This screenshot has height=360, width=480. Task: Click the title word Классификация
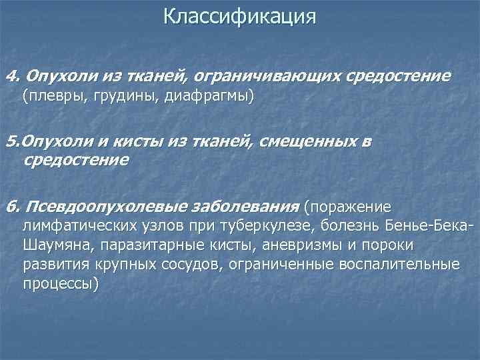pos(239,16)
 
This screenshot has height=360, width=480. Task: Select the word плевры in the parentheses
pos(50,97)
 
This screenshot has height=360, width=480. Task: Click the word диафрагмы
pos(203,97)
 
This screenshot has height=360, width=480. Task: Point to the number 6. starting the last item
pos(11,204)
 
